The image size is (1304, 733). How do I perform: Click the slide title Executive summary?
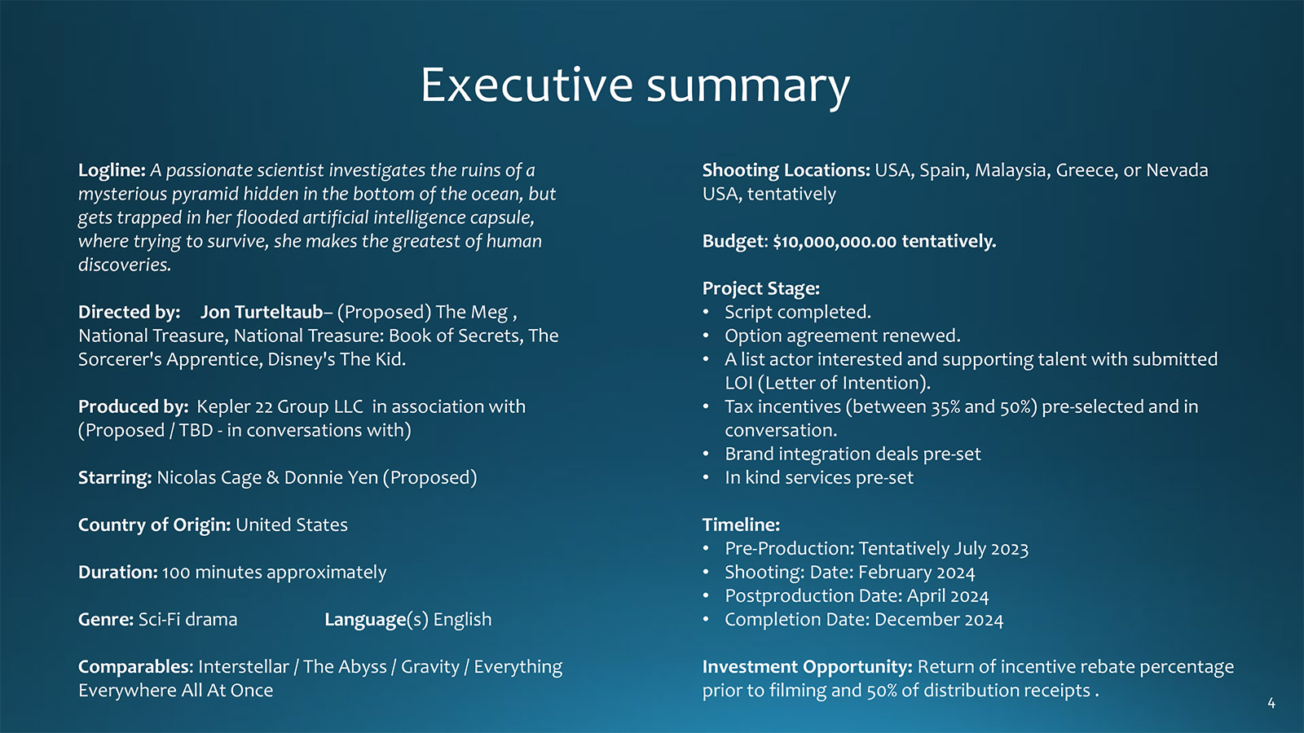click(635, 86)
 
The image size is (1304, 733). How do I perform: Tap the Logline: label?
click(112, 170)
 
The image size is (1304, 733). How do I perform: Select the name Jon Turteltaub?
click(262, 313)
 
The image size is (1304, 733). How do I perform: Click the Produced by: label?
click(134, 406)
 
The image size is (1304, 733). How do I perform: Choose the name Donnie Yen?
click(331, 477)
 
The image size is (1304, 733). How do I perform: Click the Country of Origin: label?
click(154, 525)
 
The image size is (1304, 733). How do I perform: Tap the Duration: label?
click(117, 573)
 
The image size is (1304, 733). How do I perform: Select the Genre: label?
click(106, 620)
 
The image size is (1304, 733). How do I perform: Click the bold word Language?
click(365, 620)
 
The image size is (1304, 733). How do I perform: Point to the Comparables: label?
click(135, 667)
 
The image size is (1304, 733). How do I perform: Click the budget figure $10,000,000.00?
click(835, 241)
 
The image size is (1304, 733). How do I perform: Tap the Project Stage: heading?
click(761, 288)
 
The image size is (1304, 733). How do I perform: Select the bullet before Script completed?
click(706, 313)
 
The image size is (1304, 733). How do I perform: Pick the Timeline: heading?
click(741, 525)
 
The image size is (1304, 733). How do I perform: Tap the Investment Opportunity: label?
click(808, 667)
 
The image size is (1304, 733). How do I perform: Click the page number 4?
click(1271, 704)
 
